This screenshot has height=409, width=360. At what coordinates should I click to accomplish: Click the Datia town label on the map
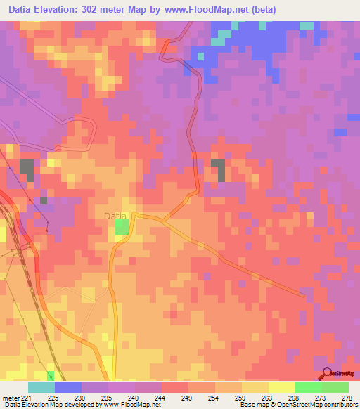coord(115,216)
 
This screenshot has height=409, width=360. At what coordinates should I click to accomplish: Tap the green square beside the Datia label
coord(122,226)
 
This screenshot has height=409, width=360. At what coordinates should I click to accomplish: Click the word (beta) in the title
coord(260,10)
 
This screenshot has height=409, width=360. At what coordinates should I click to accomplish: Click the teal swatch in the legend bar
coord(41,387)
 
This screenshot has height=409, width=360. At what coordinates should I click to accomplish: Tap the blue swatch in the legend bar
coord(68,387)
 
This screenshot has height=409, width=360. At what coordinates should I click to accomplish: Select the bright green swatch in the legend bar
coord(309,387)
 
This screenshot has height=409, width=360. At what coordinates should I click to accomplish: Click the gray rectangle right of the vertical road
coord(219,169)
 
